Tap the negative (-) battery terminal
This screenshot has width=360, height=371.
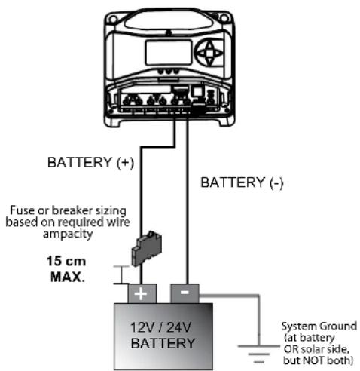tap(185, 292)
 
